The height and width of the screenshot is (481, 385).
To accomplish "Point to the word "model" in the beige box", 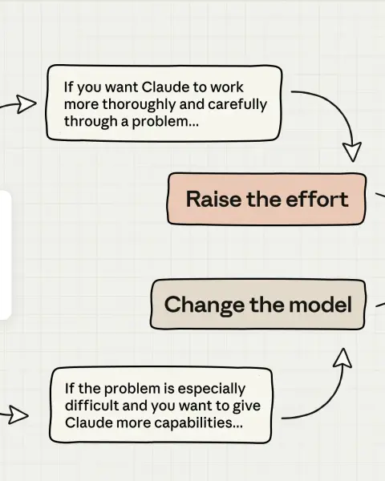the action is [x=320, y=305].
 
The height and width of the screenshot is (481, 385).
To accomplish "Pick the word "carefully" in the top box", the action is [x=237, y=104].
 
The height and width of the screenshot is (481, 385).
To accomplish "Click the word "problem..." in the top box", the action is [x=165, y=122].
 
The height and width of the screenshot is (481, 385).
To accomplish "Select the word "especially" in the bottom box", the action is [x=212, y=389].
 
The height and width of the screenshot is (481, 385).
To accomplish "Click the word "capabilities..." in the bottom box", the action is [x=198, y=423].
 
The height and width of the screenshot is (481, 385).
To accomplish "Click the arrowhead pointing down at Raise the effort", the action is [x=352, y=152].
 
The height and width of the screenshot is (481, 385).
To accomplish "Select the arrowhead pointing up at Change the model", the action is [x=342, y=358].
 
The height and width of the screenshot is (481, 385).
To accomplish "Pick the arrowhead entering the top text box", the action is [x=26, y=104].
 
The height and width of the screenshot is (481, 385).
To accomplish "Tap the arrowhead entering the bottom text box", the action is [x=18, y=415].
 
